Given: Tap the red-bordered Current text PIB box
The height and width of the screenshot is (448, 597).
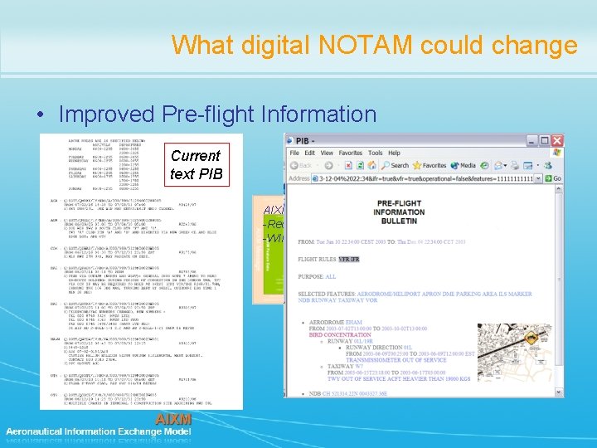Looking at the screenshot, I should [x=195, y=164].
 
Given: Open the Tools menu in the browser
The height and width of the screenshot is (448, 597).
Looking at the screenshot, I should [x=376, y=153].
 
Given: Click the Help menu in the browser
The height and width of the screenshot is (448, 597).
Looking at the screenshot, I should [x=399, y=153].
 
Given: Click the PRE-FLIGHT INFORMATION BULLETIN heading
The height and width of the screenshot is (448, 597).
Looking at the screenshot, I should [x=377, y=211].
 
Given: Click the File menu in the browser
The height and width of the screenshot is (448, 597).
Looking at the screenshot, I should [x=294, y=153].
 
